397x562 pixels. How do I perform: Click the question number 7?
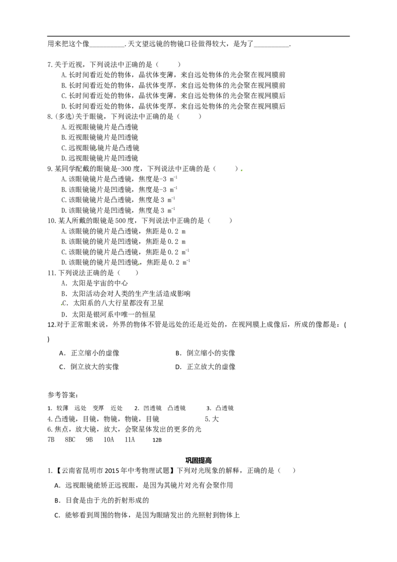(50, 65)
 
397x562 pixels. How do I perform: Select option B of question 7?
(173, 85)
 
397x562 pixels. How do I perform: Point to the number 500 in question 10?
(121, 221)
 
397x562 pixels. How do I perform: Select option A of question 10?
(124, 231)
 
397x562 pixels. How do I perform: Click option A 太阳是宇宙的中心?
(95, 283)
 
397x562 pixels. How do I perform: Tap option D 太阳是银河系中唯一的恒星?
(109, 315)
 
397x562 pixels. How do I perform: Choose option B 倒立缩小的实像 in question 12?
(205, 353)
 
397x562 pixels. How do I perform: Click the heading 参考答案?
(63, 395)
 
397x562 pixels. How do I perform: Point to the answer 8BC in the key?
(70, 439)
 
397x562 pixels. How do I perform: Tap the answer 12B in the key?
(157, 440)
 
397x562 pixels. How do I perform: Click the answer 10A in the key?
(109, 439)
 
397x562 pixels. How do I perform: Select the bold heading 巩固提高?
(198, 460)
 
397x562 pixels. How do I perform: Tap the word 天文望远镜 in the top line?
(146, 44)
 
